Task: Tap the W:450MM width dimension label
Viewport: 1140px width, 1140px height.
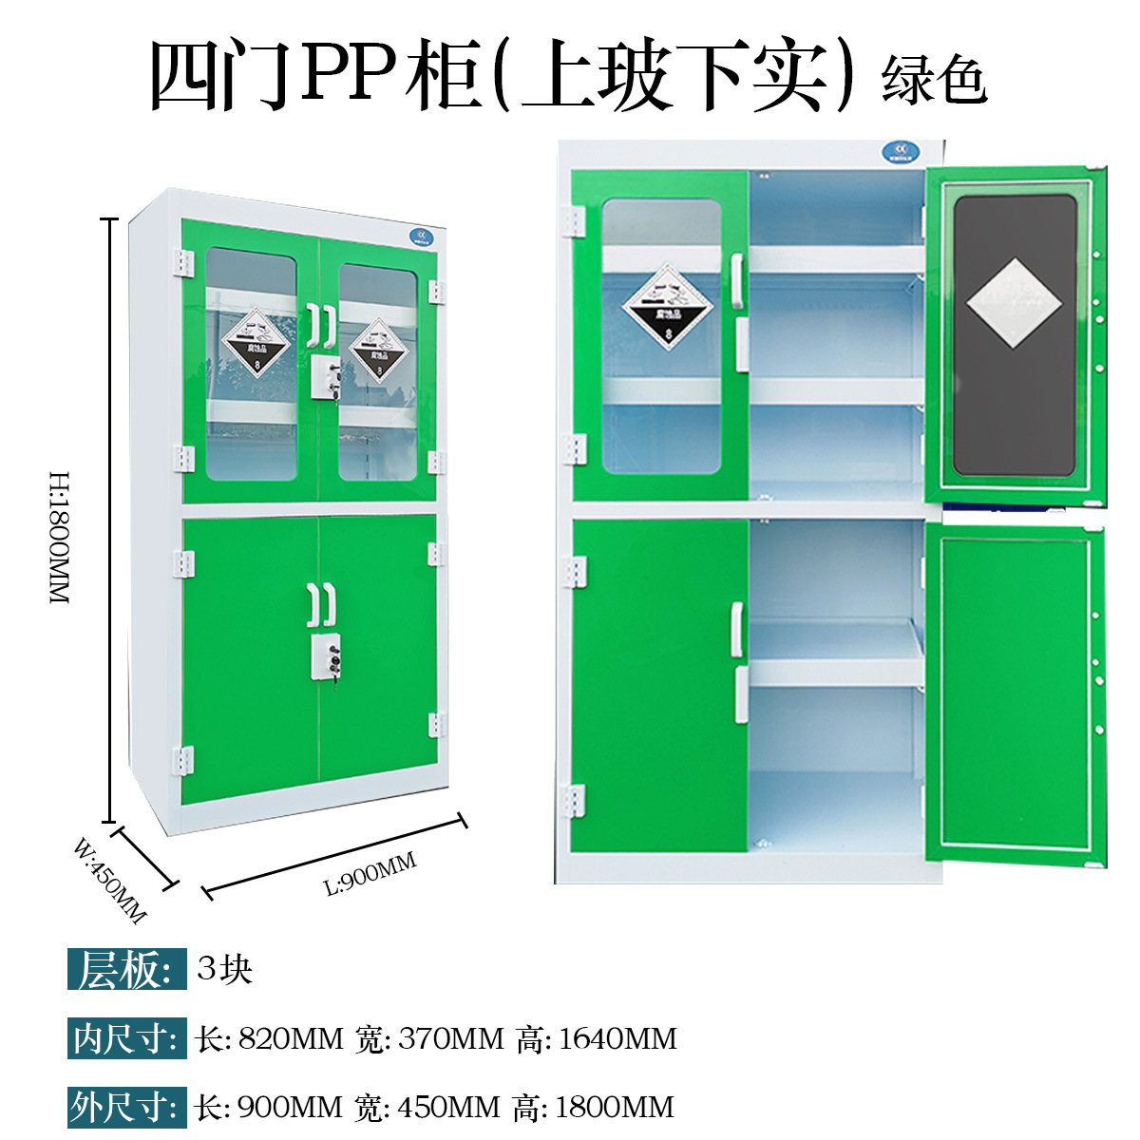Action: [x=110, y=880]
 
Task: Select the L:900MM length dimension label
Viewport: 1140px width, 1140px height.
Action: [x=370, y=873]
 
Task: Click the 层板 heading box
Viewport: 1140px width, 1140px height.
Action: [x=125, y=970]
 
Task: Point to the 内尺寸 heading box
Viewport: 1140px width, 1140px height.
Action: [x=125, y=1038]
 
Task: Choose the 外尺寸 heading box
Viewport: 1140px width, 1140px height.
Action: [x=125, y=1107]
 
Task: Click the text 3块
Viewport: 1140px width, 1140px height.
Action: [x=225, y=969]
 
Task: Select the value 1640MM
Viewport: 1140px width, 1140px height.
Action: [x=617, y=1038]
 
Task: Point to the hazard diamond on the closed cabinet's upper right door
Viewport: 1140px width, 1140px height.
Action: [x=378, y=349]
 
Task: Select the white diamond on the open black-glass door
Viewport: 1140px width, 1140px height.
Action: [x=1014, y=302]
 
